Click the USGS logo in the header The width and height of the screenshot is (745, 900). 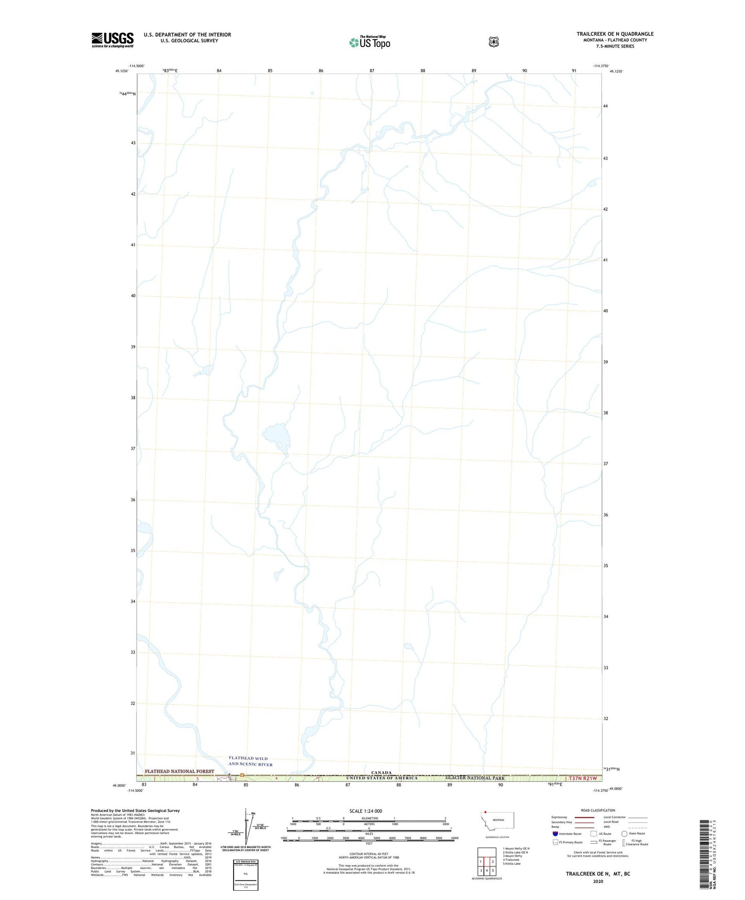[x=112, y=40]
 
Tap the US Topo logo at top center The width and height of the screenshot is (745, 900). [x=369, y=42]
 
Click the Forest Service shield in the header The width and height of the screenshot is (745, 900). [x=493, y=42]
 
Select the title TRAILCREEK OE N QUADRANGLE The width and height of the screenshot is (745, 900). [x=615, y=34]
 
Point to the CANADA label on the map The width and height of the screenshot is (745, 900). [x=379, y=773]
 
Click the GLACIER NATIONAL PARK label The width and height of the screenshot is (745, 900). [x=475, y=778]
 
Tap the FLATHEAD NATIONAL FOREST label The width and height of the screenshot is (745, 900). [x=179, y=771]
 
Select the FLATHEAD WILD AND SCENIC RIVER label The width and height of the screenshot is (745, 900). [x=251, y=761]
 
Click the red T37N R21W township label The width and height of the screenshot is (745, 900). [x=582, y=778]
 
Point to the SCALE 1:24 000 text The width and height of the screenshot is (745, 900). [x=366, y=811]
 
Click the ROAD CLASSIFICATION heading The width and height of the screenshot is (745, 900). [x=598, y=810]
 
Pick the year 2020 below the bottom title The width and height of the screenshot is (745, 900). [x=598, y=881]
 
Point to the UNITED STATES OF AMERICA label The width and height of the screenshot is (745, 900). [x=382, y=778]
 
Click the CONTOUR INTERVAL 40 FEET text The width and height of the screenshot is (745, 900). [x=369, y=854]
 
